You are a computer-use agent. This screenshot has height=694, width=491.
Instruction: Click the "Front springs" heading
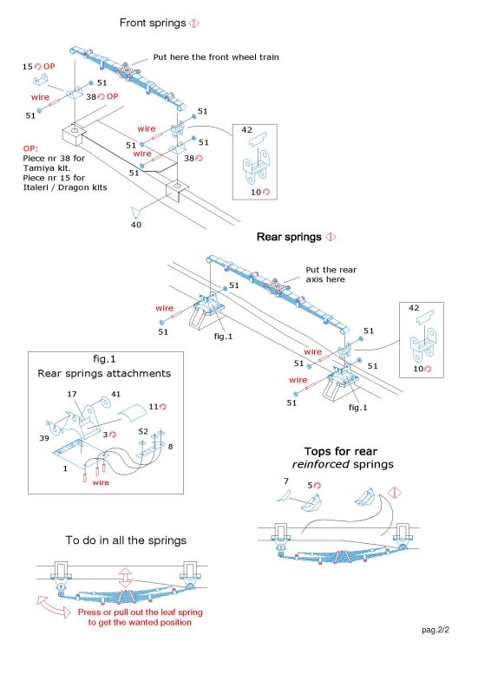(153, 23)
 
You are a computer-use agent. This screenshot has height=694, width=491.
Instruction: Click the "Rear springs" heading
(289, 237)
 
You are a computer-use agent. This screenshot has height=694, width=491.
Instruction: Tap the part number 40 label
(136, 225)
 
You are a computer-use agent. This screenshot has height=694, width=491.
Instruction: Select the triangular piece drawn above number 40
(135, 212)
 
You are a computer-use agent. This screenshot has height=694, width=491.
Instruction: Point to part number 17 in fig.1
(72, 394)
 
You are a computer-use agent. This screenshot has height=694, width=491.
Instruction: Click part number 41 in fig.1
(115, 394)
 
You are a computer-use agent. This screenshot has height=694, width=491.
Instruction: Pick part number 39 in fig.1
(44, 438)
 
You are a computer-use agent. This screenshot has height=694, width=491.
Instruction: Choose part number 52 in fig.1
(143, 431)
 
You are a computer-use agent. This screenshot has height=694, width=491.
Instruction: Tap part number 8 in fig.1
(170, 447)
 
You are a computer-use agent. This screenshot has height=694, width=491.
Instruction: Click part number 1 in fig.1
(65, 468)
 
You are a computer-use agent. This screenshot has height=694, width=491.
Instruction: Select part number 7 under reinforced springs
(286, 481)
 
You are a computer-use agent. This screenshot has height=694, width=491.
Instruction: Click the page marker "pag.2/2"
(435, 630)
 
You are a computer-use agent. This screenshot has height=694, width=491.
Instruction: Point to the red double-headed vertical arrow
(125, 579)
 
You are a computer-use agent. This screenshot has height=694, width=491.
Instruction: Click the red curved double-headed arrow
(53, 606)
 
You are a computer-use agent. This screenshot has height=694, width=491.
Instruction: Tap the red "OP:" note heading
(30, 148)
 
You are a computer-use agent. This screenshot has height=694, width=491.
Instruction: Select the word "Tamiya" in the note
(36, 168)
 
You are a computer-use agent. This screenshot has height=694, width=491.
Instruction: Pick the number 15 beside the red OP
(28, 67)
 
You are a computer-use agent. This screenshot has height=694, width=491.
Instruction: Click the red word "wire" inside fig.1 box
(101, 482)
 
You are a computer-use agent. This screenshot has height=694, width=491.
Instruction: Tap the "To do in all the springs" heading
(126, 540)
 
